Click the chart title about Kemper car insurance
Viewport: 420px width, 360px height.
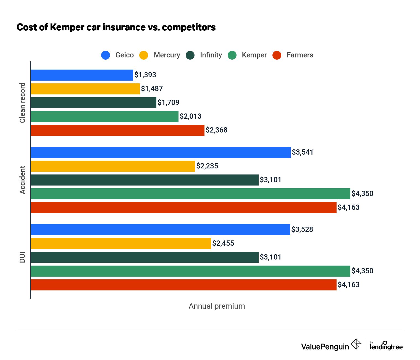116,27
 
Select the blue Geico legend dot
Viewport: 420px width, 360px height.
106,55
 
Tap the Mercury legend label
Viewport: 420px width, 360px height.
167,55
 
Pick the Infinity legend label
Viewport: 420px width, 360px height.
211,55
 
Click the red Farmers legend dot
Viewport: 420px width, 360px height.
277,55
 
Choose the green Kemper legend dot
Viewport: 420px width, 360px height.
232,55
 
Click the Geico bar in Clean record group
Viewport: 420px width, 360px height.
82,75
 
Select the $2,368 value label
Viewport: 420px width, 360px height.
216,130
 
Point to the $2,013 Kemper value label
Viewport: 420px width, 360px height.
190,116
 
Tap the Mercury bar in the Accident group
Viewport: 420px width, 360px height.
113,166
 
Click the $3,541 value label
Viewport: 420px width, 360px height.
303,152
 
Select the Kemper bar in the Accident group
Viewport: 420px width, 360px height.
190,194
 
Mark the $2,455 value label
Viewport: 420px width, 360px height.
223,243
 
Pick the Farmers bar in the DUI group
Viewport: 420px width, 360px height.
183,285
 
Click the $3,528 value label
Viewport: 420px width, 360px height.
302,229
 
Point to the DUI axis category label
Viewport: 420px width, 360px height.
22,257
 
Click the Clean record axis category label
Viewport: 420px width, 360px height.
22,103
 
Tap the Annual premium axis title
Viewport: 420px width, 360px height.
217,306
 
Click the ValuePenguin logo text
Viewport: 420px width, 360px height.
325,346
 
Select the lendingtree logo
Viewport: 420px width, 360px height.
386,346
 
